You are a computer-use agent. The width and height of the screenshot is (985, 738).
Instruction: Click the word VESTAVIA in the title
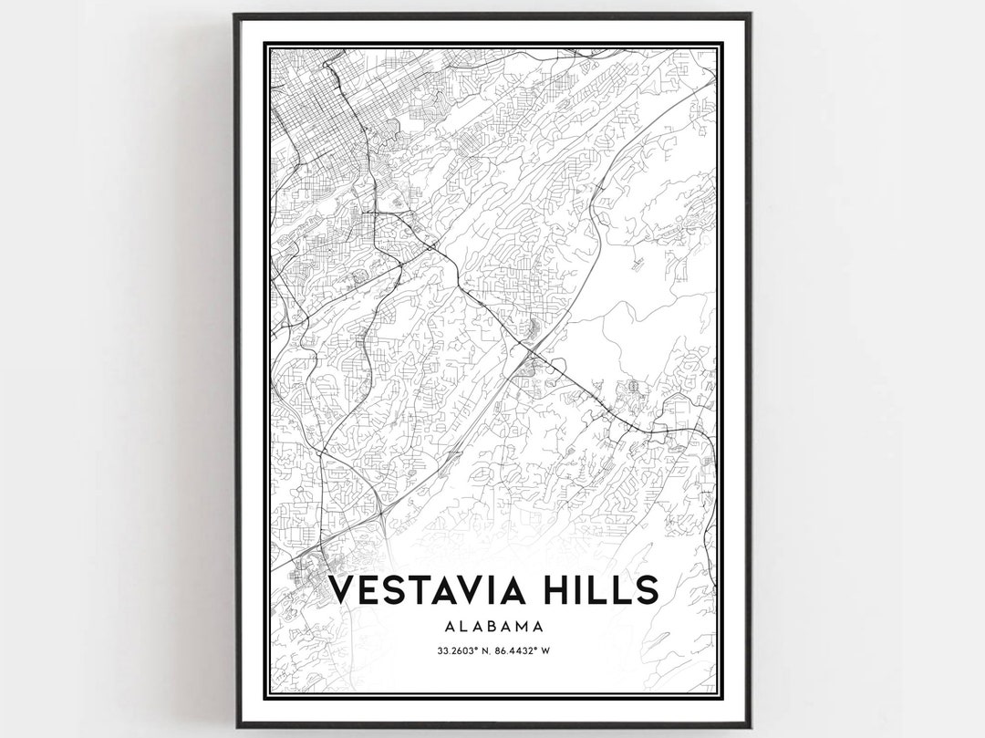[425, 590]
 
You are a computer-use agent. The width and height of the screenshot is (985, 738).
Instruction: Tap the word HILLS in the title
[596, 590]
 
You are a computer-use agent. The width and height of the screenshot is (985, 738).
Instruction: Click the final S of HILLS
[645, 590]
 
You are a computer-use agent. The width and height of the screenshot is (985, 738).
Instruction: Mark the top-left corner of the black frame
[236, 15]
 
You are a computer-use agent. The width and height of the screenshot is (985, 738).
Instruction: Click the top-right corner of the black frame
[750, 15]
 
